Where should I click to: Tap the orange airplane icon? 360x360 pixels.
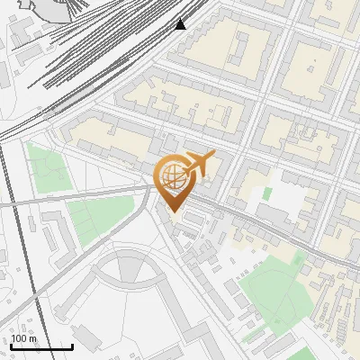(x=199, y=164)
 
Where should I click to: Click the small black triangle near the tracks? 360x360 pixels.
(x=181, y=24)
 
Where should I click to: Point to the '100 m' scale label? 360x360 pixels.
(x=24, y=338)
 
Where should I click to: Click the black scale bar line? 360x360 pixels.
(x=41, y=346)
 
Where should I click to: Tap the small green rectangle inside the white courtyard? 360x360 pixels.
(x=266, y=193)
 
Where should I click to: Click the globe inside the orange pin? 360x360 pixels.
(x=171, y=175)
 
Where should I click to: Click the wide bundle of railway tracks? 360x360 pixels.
(x=90, y=54)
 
